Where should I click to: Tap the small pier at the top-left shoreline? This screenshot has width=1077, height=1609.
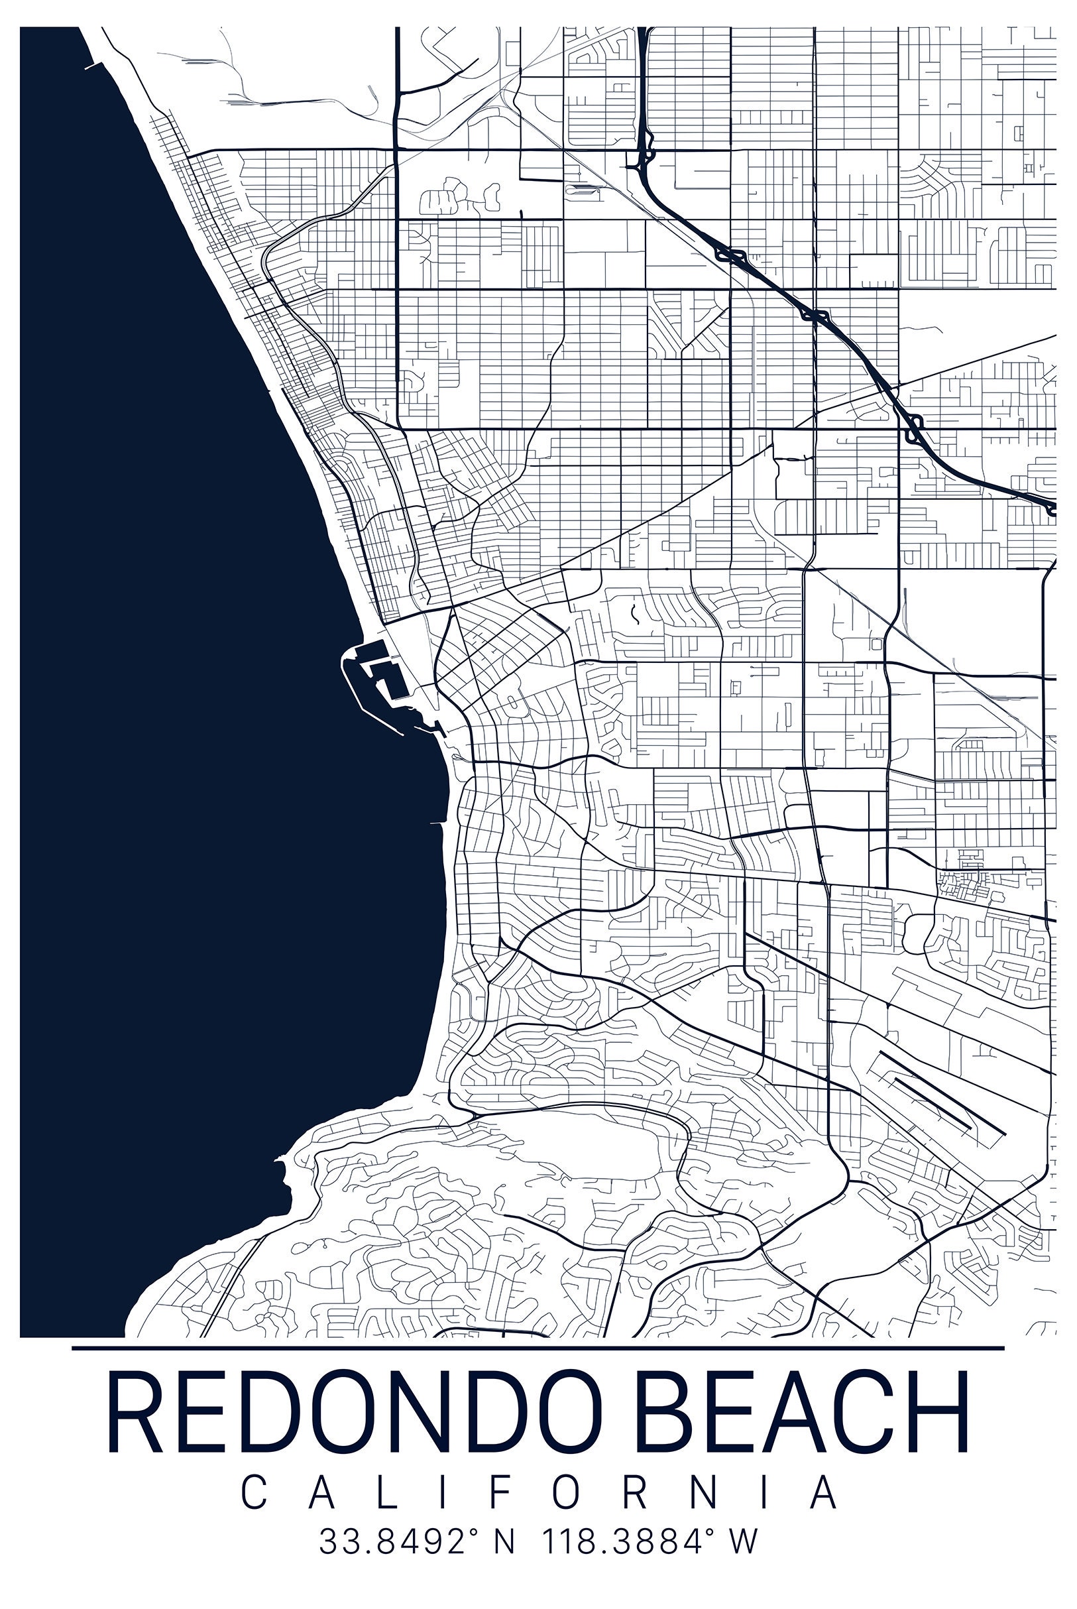[93, 67]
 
